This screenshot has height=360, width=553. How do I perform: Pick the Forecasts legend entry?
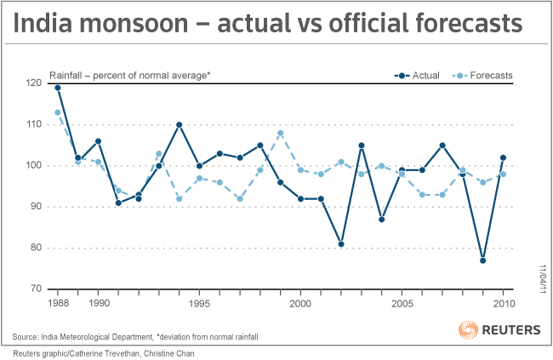(493, 76)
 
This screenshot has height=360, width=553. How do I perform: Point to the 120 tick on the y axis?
(35, 83)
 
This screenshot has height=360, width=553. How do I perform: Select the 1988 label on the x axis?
(58, 304)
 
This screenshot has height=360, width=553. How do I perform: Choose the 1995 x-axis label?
(199, 304)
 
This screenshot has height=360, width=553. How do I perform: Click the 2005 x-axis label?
(402, 304)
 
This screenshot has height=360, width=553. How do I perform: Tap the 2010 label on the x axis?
(503, 304)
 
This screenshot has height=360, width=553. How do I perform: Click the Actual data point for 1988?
(58, 88)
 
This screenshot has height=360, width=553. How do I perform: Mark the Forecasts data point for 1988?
(58, 112)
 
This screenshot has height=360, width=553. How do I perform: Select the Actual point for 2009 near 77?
(482, 260)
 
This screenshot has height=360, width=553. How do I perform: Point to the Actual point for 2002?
(341, 244)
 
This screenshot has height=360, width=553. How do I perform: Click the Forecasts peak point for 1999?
(281, 133)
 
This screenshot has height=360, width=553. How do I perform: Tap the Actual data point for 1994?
(180, 125)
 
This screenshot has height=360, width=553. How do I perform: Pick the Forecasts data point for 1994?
(180, 199)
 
